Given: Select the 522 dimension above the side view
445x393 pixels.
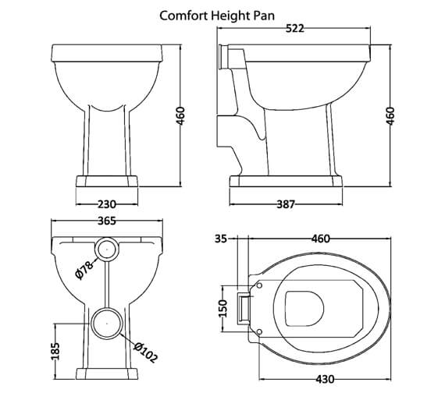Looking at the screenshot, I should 294,29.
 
